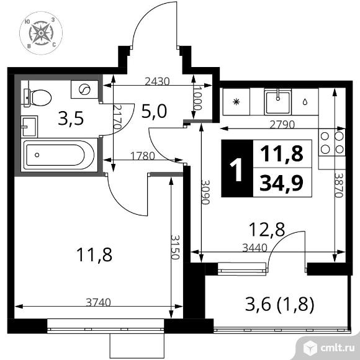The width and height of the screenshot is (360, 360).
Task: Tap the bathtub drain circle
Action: coord(37,155)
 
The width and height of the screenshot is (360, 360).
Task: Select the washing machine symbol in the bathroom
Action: coord(84,89)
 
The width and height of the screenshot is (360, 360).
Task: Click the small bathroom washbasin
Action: coord(29,127)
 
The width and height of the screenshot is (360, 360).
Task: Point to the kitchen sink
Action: coord(278,102)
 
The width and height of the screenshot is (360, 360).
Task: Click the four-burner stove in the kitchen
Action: coord(332,143)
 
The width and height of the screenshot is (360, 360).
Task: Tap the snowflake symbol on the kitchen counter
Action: coord(236,101)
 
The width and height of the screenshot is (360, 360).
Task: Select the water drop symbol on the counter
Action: coord(305,102)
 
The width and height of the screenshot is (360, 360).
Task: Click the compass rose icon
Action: coord(41,33)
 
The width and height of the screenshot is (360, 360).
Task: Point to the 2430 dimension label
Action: coord(158,81)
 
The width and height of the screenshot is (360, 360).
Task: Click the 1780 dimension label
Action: coord(143,156)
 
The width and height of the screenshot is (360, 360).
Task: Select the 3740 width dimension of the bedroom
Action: coord(99,302)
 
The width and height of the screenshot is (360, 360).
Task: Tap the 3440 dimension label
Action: coord(255,248)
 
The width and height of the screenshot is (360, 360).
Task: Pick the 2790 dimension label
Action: coord(282,125)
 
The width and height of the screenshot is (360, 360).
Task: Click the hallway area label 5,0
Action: coord(154,111)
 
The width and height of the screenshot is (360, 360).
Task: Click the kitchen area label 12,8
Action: coord(267,230)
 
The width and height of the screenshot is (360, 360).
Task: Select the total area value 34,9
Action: coord(282,182)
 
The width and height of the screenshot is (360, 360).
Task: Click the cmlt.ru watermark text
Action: coord(338,349)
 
